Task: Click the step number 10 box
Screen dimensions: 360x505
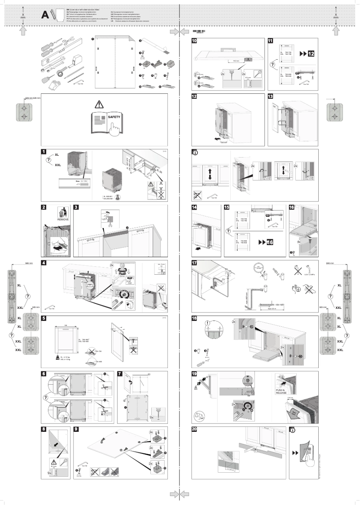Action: coord(194,40)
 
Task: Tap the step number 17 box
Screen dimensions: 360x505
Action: coord(194,263)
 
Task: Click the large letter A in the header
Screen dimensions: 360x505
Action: coord(45,15)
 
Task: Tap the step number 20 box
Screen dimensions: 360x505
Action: coord(194,430)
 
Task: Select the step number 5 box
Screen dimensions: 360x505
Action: coord(44,318)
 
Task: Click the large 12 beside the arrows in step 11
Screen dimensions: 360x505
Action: coord(311,54)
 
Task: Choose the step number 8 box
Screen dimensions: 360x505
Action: coord(44,429)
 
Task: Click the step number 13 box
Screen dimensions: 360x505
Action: coord(270,96)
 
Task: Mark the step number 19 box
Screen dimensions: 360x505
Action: coord(194,374)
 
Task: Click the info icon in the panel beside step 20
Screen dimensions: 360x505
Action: coord(292,430)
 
